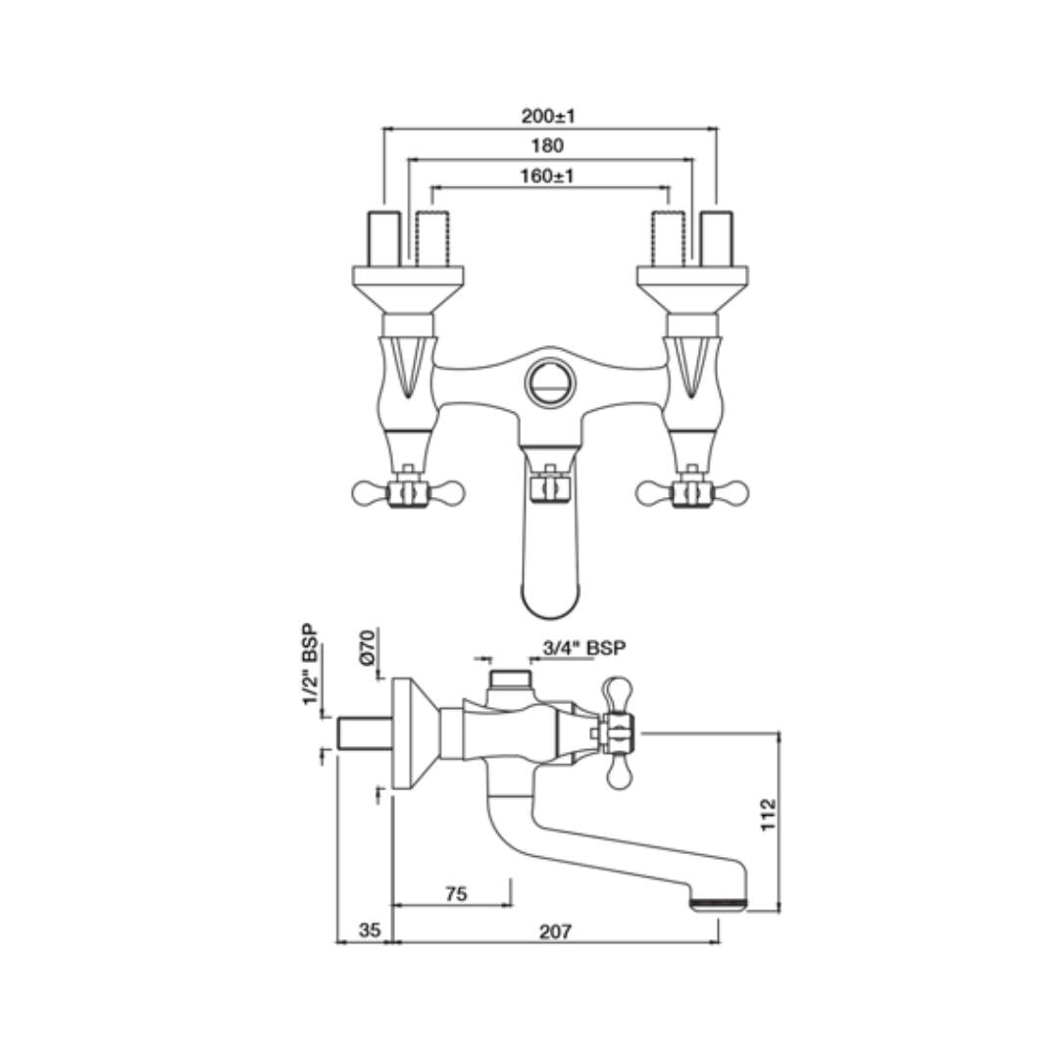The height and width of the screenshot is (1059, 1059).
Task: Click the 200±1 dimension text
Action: coord(548,116)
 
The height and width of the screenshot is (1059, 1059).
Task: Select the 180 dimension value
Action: coord(548,146)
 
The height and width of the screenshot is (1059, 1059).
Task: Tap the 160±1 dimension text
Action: coord(548,176)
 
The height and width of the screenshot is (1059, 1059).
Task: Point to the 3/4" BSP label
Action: coord(584,647)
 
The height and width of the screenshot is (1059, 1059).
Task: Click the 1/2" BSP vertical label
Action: coord(310,664)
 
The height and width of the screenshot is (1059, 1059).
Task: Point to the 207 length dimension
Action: coord(555,932)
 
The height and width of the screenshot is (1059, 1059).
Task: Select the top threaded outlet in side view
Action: coord(509,678)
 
